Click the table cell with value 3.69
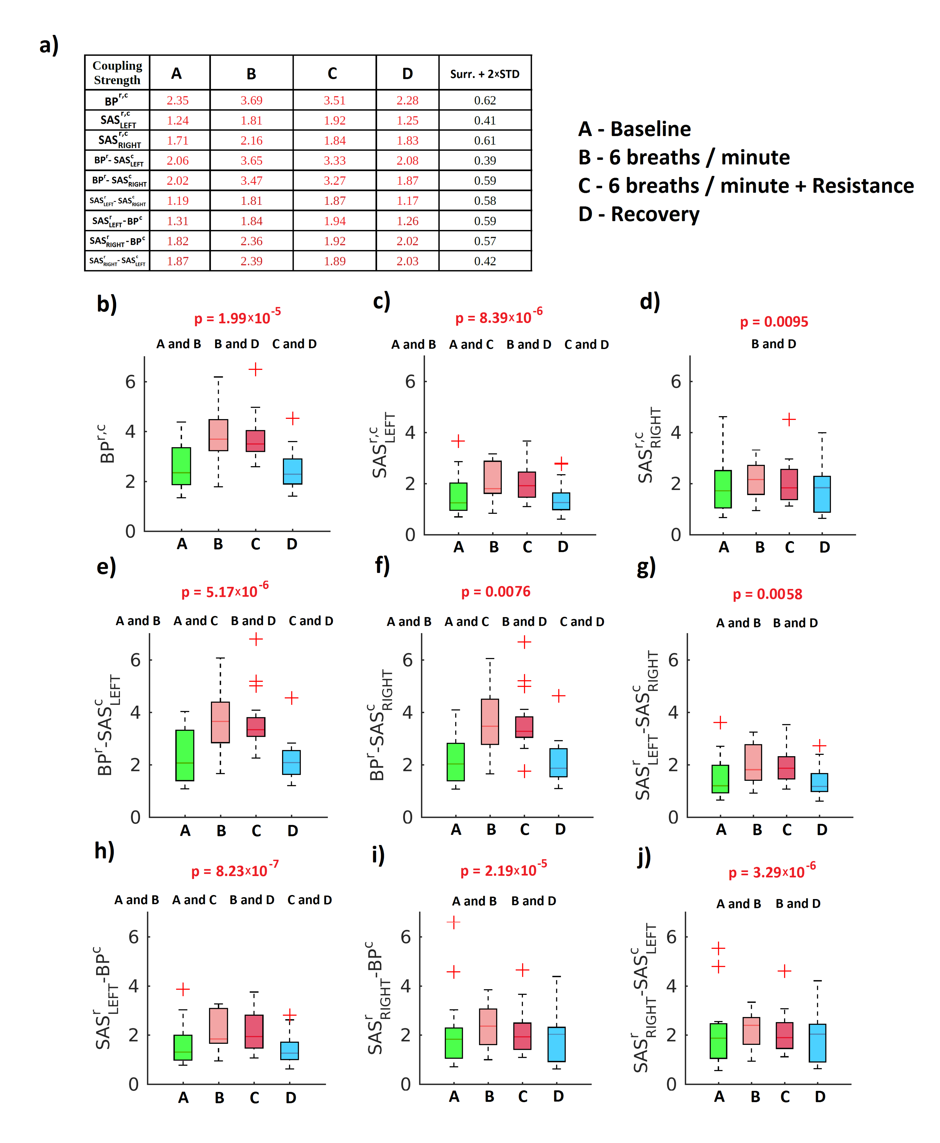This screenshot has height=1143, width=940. [x=251, y=100]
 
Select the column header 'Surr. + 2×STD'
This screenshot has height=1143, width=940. [x=485, y=74]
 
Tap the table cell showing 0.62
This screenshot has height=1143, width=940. [x=485, y=100]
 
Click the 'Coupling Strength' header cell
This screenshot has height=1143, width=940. [x=117, y=72]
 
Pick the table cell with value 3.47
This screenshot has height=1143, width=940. [x=251, y=180]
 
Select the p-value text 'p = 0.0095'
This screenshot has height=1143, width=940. [x=774, y=322]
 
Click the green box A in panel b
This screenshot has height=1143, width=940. [x=181, y=466]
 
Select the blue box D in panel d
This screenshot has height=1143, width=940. [x=822, y=494]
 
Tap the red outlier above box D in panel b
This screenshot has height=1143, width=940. [x=292, y=418]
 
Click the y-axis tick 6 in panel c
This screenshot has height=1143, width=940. [x=410, y=382]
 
